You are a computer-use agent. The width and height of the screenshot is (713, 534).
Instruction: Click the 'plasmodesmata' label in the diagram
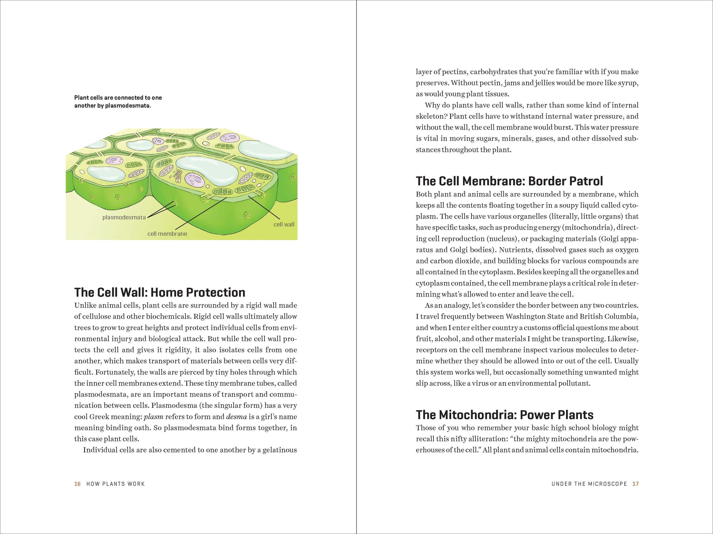[124, 217]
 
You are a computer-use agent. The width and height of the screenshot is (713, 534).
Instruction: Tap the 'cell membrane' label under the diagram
[167, 234]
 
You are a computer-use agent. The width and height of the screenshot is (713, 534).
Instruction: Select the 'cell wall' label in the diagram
[284, 224]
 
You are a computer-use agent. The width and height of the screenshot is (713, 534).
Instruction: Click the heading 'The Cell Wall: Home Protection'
[160, 292]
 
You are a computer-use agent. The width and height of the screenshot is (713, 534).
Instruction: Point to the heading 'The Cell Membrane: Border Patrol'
[509, 181]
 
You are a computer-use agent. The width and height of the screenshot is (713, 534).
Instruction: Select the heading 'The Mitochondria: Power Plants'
[505, 415]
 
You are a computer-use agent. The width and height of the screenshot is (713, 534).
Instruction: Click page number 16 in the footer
[77, 484]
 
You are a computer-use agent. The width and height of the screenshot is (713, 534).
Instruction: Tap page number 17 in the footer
[635, 484]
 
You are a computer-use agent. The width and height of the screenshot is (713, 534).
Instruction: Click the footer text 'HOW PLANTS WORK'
[116, 484]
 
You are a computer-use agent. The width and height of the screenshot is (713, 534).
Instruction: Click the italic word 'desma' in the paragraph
[237, 417]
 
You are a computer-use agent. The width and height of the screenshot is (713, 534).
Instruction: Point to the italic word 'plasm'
[153, 417]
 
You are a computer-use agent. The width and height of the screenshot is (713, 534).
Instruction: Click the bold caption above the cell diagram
[118, 101]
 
